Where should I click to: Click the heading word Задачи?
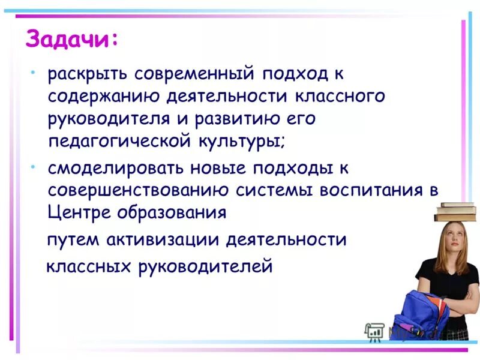pyautogui.click(x=71, y=40)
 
